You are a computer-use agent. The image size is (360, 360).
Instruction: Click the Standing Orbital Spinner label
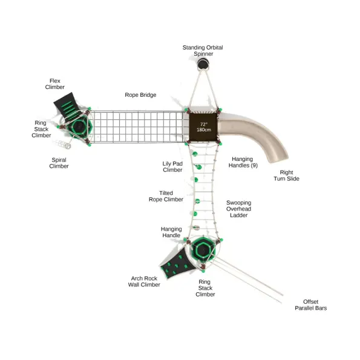click(203, 50)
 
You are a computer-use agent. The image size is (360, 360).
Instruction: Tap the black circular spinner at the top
click(203, 64)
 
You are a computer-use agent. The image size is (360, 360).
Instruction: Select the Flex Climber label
click(55, 84)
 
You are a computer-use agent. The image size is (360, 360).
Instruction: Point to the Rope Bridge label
click(140, 95)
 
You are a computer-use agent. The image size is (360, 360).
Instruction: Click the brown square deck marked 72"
click(203, 127)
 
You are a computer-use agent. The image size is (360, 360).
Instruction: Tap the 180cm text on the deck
click(204, 129)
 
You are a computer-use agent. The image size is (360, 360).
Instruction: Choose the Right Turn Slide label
click(286, 175)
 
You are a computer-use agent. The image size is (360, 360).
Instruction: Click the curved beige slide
click(260, 133)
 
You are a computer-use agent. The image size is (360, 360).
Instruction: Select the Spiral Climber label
click(59, 163)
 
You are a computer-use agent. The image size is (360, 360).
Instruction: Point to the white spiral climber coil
click(62, 144)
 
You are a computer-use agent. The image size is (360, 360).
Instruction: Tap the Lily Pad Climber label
click(172, 166)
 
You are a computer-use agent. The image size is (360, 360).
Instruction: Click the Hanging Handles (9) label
click(243, 162)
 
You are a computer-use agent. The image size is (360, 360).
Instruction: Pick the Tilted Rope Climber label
click(166, 196)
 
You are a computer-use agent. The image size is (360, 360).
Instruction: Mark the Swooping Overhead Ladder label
click(239, 209)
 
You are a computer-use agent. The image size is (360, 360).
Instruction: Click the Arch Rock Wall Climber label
click(144, 281)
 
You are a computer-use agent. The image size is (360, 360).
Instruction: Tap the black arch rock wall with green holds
click(177, 263)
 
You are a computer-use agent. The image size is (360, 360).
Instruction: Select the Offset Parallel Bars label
click(310, 305)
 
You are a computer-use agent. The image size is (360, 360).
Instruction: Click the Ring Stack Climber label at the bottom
click(205, 288)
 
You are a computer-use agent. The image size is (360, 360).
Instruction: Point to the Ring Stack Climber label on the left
click(41, 129)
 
